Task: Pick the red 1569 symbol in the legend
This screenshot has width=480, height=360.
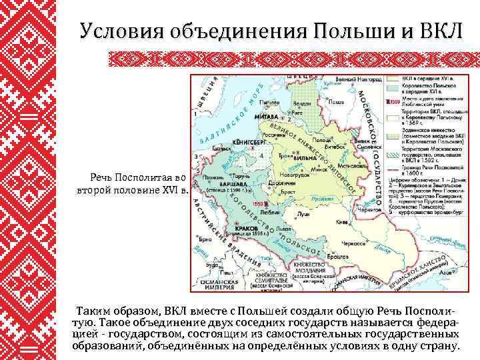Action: click(395, 102)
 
